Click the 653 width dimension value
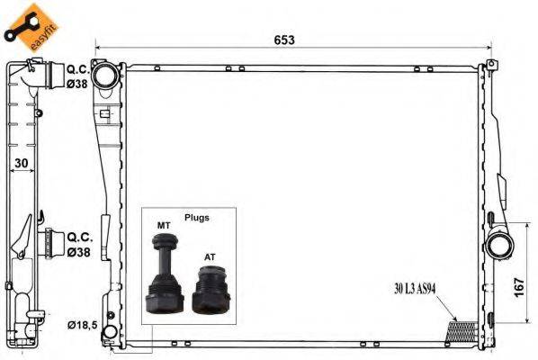(285, 40)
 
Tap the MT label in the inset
(165, 225)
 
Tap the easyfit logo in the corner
(28, 25)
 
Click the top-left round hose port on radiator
(106, 74)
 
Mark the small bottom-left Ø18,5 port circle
(108, 335)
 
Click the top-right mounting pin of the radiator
(491, 65)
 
